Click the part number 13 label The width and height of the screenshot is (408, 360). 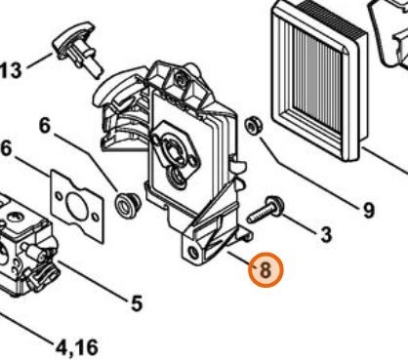point(11,70)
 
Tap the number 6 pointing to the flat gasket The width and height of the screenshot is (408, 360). point(7,149)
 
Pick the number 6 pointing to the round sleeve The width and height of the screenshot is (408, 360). point(45,125)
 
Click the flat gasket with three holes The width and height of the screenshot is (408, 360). point(77,206)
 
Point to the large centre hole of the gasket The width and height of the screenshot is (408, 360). point(76,205)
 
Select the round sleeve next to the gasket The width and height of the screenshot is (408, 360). point(128,205)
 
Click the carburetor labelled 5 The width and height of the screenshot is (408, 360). point(25,246)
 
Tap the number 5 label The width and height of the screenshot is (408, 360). point(137,303)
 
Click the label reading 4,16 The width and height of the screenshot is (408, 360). point(77,347)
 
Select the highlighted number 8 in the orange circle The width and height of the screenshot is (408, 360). point(265,269)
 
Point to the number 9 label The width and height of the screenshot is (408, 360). point(369,210)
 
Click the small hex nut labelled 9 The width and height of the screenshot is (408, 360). point(252,126)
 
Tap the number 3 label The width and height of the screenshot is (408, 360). point(326,234)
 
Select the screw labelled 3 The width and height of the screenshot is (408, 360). point(265,210)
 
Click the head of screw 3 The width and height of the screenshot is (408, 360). point(276,204)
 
